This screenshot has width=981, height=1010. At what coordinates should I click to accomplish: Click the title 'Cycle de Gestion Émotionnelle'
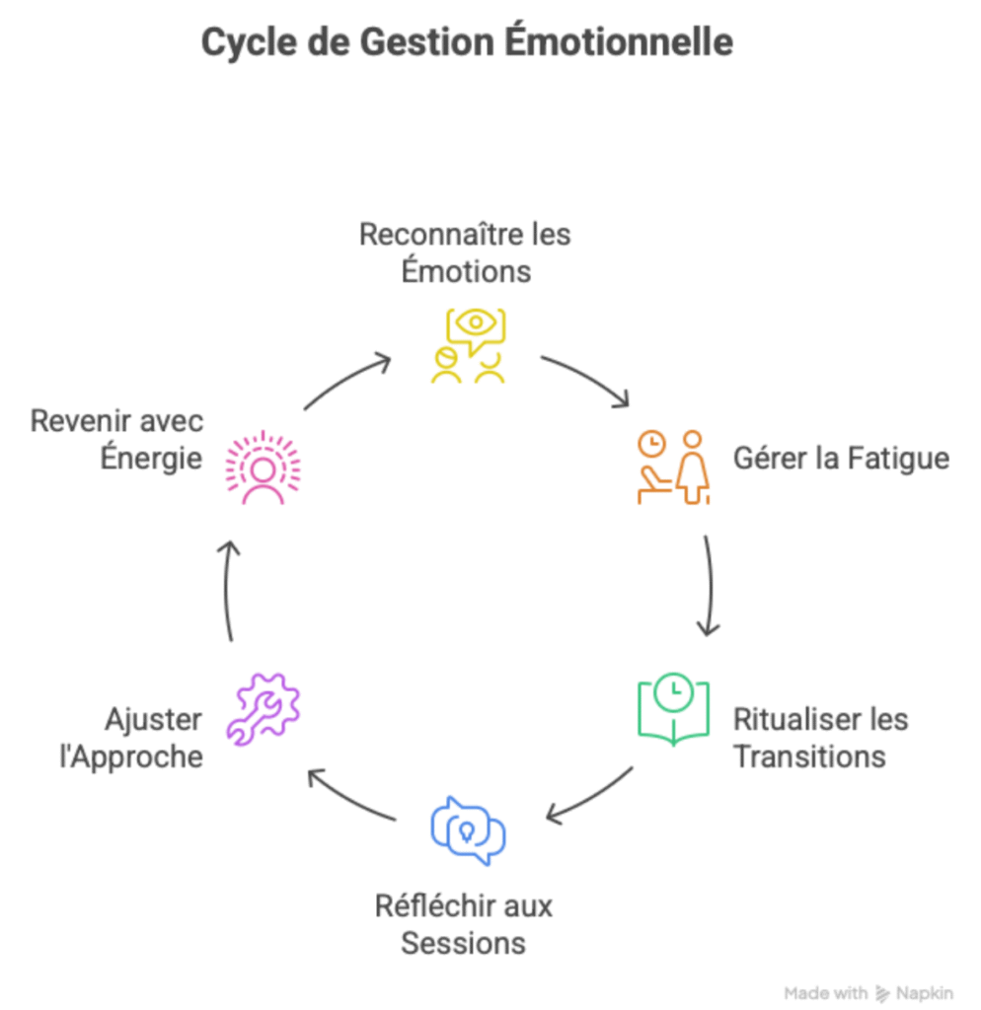point(467,42)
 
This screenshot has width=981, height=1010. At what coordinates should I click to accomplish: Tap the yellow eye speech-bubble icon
point(468,345)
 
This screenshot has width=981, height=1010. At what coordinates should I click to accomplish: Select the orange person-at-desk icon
point(672,467)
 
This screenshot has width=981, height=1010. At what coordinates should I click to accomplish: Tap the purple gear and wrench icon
point(263,706)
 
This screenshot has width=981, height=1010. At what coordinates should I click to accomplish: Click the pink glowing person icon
point(263,467)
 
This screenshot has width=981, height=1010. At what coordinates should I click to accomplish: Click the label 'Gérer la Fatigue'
point(841,459)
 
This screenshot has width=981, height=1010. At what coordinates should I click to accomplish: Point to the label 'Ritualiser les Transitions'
point(820,737)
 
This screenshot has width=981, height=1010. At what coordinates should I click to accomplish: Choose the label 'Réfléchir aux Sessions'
point(464,923)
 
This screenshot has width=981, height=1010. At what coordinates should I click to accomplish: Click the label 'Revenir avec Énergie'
point(116,439)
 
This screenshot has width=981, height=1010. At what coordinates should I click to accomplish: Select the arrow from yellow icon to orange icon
point(587,379)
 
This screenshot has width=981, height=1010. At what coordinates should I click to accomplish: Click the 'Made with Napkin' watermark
point(868,992)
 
